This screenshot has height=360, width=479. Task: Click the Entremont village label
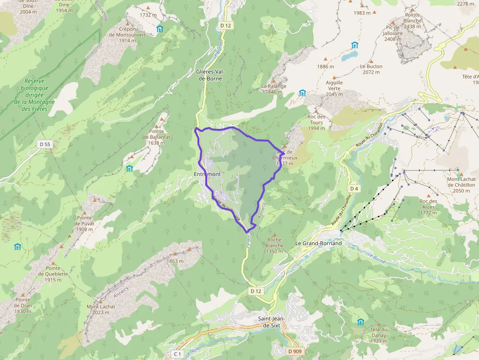click(207, 174)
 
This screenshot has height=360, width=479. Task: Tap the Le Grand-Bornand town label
click(319, 243)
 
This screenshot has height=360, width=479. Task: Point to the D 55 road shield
click(45, 144)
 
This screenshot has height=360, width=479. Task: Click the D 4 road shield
click(354, 189)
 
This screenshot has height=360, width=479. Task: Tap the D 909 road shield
click(295, 351)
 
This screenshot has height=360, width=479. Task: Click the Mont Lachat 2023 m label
click(101, 310)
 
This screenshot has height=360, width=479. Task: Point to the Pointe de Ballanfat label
click(156, 137)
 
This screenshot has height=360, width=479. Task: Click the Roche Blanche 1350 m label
click(274, 245)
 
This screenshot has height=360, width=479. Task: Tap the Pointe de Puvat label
click(85, 223)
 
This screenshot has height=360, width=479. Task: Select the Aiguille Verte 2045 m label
click(334, 88)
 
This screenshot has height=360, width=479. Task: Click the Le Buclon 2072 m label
click(371, 69)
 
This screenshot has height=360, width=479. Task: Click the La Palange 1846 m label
click(274, 89)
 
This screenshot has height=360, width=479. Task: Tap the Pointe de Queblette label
click(53, 274)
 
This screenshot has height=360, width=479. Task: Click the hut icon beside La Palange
click(302, 93)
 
